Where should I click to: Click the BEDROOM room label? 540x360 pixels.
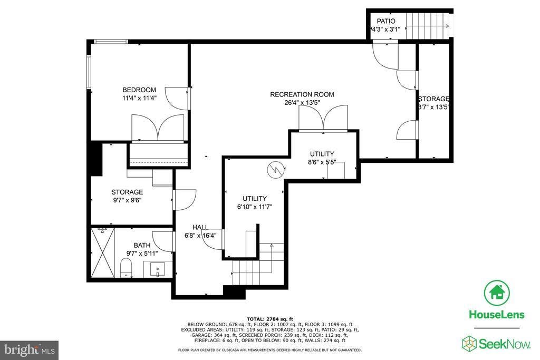(x=139, y=90)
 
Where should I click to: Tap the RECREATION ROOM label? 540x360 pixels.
(x=302, y=94)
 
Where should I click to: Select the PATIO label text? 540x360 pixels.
(x=385, y=21)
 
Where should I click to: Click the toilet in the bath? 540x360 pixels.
(x=126, y=268)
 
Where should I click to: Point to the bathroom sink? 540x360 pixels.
(x=158, y=269)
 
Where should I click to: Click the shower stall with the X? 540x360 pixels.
(x=103, y=252)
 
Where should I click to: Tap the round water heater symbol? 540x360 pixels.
(x=276, y=169)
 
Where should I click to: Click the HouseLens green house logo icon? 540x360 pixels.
(x=497, y=293)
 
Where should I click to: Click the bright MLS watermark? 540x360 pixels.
(x=30, y=350)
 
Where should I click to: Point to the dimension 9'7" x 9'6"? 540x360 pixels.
(x=127, y=200)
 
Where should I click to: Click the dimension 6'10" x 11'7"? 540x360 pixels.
(x=255, y=207)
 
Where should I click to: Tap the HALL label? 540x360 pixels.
(x=200, y=227)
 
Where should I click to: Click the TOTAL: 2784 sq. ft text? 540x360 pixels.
(x=269, y=319)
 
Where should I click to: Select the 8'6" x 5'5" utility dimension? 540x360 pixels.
(x=322, y=162)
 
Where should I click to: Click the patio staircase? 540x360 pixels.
(x=428, y=26)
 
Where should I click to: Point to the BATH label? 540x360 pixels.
(x=142, y=245)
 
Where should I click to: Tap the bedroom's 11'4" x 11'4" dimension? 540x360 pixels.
(x=139, y=98)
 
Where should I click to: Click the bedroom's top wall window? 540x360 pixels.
(x=111, y=42)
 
